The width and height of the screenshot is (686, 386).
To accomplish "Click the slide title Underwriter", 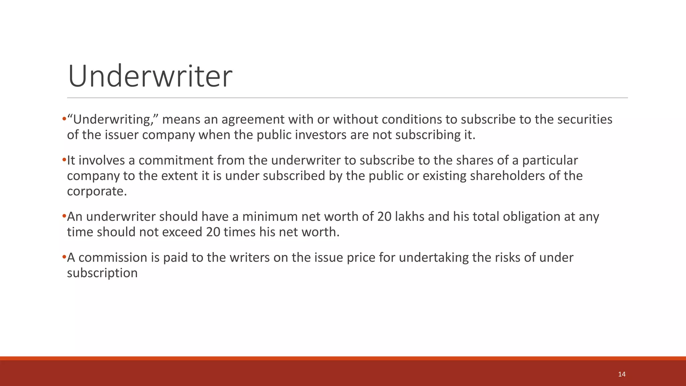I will coord(150,76).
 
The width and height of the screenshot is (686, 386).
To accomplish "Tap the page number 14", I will coord(622,374).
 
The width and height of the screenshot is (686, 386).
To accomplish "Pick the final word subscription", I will coord(102,273).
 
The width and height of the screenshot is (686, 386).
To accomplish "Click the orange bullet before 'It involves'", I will coord(64,160).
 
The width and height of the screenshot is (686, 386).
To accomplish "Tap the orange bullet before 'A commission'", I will coord(64,257).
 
